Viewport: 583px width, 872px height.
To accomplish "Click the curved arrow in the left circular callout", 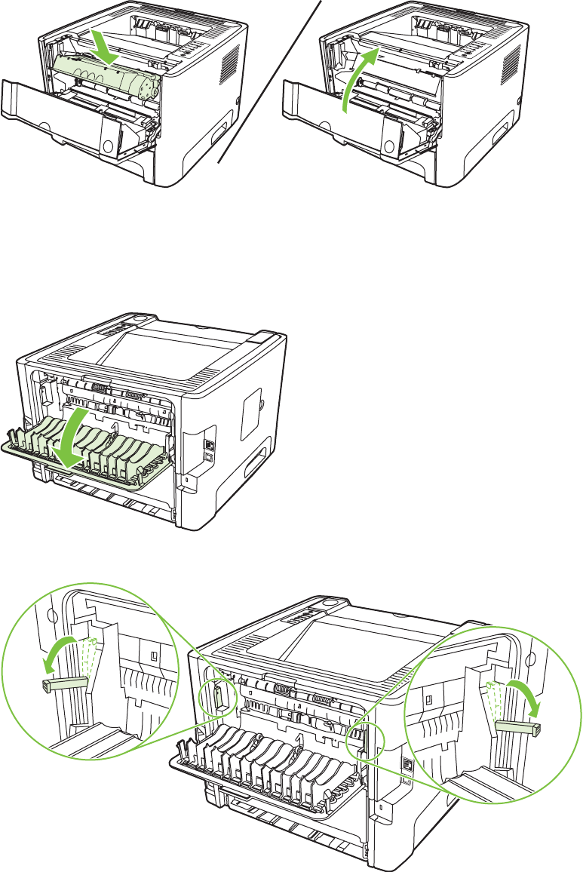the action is tap(60, 652).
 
